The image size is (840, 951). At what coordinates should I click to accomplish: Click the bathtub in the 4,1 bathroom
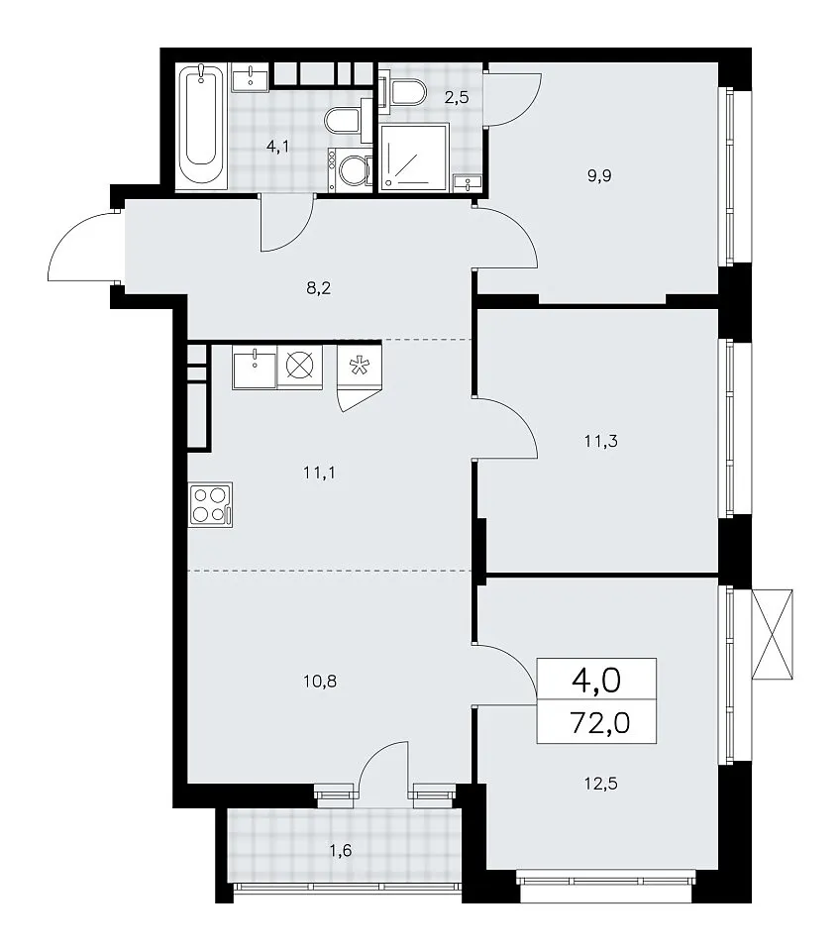coord(201,125)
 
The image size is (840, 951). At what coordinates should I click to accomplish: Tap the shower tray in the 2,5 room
coord(413,158)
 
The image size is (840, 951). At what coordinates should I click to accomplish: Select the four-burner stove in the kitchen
coord(210,503)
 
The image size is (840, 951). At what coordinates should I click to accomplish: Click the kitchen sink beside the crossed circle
coord(255,367)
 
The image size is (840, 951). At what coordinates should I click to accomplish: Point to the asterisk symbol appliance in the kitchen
coord(359,366)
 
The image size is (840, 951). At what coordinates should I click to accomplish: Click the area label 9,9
coord(598,176)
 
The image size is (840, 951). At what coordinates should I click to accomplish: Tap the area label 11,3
coord(601,441)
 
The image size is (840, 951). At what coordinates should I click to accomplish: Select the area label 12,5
coord(601,784)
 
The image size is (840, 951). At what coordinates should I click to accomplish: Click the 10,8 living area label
coord(320,682)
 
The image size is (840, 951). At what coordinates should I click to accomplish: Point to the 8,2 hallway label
coord(318,288)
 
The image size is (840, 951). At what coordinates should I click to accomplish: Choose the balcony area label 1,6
coord(340,851)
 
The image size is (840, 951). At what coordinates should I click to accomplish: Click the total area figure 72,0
coord(600,723)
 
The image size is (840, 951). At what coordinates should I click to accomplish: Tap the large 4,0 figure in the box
coord(596,681)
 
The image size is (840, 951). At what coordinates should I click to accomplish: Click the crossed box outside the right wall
coord(772,633)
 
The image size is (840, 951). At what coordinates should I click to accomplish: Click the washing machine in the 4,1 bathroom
coord(349,169)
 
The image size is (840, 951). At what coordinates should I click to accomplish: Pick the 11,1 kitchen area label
coord(319,473)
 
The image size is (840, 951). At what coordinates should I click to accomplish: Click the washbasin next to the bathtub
coord(250,77)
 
